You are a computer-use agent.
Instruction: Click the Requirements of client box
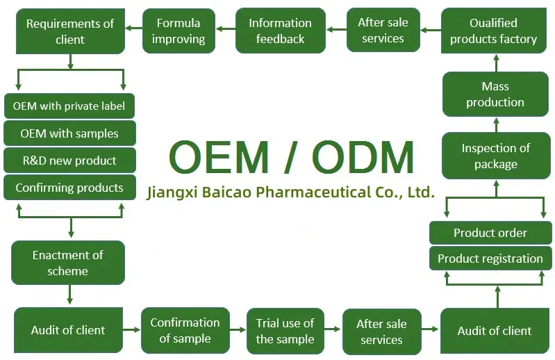(x=69, y=32)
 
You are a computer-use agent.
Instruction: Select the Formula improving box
(x=179, y=31)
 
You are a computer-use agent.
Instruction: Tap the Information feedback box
(x=280, y=31)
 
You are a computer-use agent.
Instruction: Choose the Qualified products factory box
(x=493, y=31)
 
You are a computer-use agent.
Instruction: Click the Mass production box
(x=495, y=95)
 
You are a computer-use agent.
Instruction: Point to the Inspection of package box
(x=495, y=156)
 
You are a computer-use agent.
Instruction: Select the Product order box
(x=490, y=233)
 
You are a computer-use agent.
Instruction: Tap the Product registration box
(x=490, y=259)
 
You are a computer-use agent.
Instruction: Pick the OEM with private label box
(x=69, y=106)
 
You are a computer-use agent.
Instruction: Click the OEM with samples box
(x=69, y=133)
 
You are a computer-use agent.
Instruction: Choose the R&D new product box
(x=69, y=161)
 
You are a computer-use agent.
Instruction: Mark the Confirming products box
(x=69, y=188)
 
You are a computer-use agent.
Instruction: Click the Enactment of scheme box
(x=68, y=263)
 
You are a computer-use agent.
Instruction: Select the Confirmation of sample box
(x=185, y=330)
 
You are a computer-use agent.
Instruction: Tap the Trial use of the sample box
(x=285, y=331)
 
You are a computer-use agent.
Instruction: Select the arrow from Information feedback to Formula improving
(x=225, y=30)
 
